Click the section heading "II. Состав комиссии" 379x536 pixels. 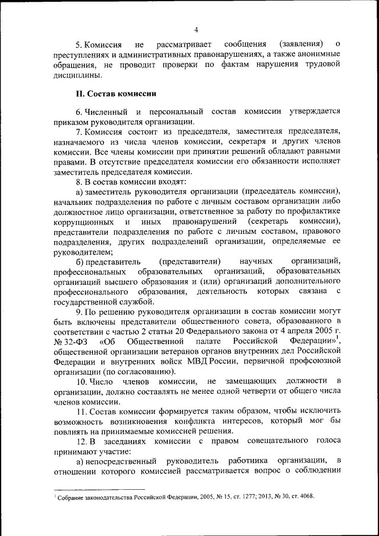(x=115, y=93)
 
